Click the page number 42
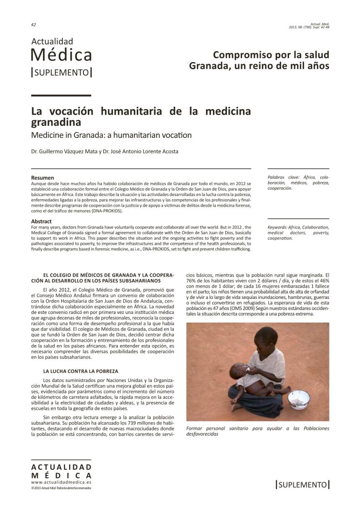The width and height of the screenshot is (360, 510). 33,24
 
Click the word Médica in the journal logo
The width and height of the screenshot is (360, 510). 61,55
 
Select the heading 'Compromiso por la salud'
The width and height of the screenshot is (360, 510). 271,54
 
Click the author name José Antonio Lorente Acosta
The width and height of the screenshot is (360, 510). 146,151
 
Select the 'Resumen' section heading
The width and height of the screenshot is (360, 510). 43,178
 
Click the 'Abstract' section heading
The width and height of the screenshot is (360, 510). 42,221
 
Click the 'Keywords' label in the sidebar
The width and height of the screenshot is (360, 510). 281,227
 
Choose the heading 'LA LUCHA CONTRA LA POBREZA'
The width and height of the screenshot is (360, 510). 81,371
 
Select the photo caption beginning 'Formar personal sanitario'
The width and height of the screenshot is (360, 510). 257,431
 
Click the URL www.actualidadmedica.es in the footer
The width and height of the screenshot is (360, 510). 61,482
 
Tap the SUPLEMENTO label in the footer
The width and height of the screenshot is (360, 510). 303,484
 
